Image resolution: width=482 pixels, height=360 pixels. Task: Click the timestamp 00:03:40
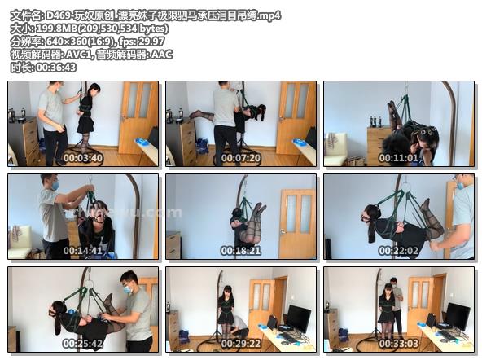click(83, 158)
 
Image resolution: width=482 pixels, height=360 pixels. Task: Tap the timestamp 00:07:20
click(241, 158)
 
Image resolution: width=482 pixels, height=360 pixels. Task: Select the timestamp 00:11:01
click(398, 158)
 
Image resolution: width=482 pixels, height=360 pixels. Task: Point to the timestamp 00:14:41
click(83, 251)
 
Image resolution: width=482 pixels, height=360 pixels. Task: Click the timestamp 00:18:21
click(241, 251)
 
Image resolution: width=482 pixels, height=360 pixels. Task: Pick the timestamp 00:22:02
click(398, 251)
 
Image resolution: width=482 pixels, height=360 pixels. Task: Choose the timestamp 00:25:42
click(83, 343)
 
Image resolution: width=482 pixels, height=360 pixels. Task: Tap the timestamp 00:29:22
click(241, 343)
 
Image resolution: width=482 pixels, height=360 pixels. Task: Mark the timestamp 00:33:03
click(398, 343)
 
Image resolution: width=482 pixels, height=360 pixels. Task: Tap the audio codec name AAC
click(162, 55)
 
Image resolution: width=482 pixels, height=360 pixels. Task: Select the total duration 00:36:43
click(56, 68)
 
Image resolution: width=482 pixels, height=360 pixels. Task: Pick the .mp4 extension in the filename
click(269, 15)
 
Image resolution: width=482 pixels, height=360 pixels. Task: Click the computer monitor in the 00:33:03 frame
click(458, 316)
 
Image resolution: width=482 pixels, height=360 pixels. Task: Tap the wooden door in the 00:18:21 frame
click(297, 223)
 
